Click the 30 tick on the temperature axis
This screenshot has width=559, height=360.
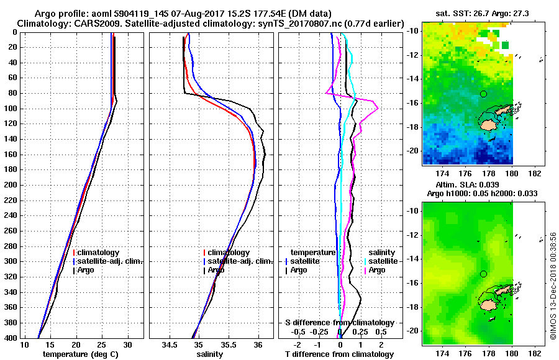click(x=128, y=344)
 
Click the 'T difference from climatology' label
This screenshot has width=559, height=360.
click(x=339, y=354)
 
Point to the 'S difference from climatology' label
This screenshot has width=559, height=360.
click(x=339, y=323)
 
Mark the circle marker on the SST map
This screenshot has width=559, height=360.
click(x=483, y=94)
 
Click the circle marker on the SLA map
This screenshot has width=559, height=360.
click(x=483, y=274)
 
